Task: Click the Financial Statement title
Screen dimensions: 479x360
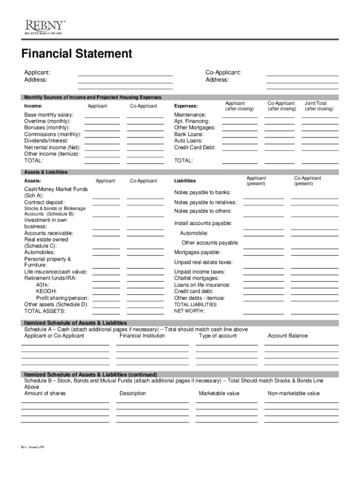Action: [77, 54]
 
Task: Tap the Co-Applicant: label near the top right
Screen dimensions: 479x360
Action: [223, 73]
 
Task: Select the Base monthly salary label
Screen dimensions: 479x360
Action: [49, 115]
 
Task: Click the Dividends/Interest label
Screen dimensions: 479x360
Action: [46, 141]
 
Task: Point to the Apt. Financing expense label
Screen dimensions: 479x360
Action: [192, 121]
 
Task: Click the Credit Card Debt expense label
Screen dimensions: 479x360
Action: [195, 147]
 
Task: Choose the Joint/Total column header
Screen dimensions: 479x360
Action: [316, 103]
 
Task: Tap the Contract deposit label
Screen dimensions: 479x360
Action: [44, 202]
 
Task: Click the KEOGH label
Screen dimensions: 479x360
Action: [46, 291]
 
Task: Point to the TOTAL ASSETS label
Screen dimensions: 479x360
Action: [45, 311]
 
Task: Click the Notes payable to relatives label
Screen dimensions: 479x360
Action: [205, 203]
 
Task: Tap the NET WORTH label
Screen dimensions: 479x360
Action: [189, 311]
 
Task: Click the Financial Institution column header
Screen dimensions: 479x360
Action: [142, 336]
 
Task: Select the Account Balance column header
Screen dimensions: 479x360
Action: [288, 336]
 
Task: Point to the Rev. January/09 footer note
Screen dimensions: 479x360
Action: [32, 448]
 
